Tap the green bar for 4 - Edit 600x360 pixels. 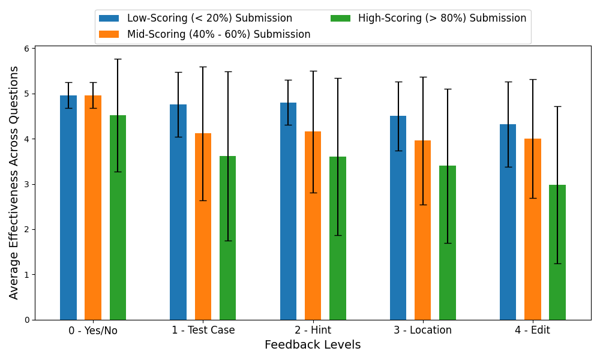coord(557,252)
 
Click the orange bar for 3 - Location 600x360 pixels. coord(422,230)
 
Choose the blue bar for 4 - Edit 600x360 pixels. coord(508,222)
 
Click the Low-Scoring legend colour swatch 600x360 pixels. coord(109,19)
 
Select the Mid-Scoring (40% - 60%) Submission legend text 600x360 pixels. coord(218,34)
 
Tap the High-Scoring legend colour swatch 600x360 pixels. coord(341,19)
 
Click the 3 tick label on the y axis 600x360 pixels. coord(27,184)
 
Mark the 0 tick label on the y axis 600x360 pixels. coord(27,320)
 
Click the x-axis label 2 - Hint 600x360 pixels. coord(313,331)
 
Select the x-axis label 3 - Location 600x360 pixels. coord(422,331)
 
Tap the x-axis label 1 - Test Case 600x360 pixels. coord(203,331)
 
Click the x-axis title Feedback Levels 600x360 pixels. coord(313,345)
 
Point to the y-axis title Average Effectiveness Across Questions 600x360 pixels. coord(14,182)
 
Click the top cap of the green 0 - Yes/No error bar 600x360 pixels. coord(118,59)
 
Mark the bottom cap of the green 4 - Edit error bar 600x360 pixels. coord(557,263)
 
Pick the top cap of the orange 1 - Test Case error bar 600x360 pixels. coord(203,67)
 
